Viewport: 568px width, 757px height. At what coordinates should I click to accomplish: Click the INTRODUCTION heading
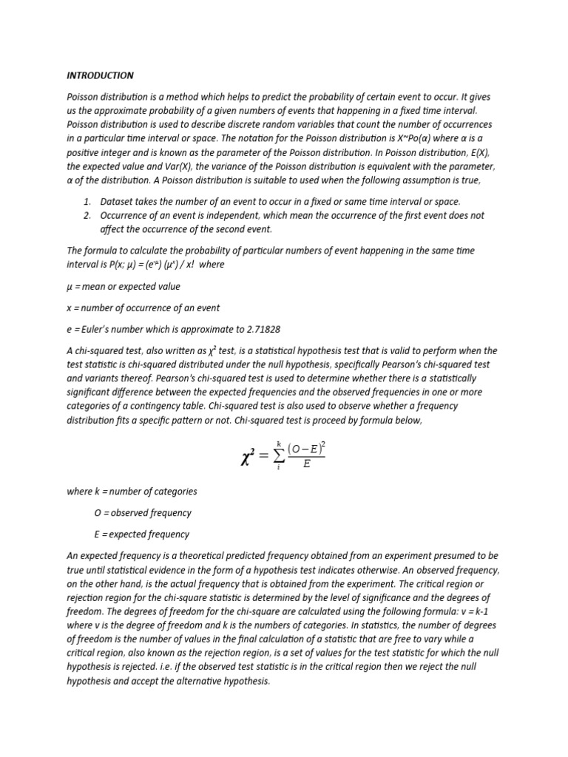101,75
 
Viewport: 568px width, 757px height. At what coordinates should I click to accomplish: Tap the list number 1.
87,202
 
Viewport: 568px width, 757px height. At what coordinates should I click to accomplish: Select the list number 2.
87,215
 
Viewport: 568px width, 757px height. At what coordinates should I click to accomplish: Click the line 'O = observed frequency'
143,513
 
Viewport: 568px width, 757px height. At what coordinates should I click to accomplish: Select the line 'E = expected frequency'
142,534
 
